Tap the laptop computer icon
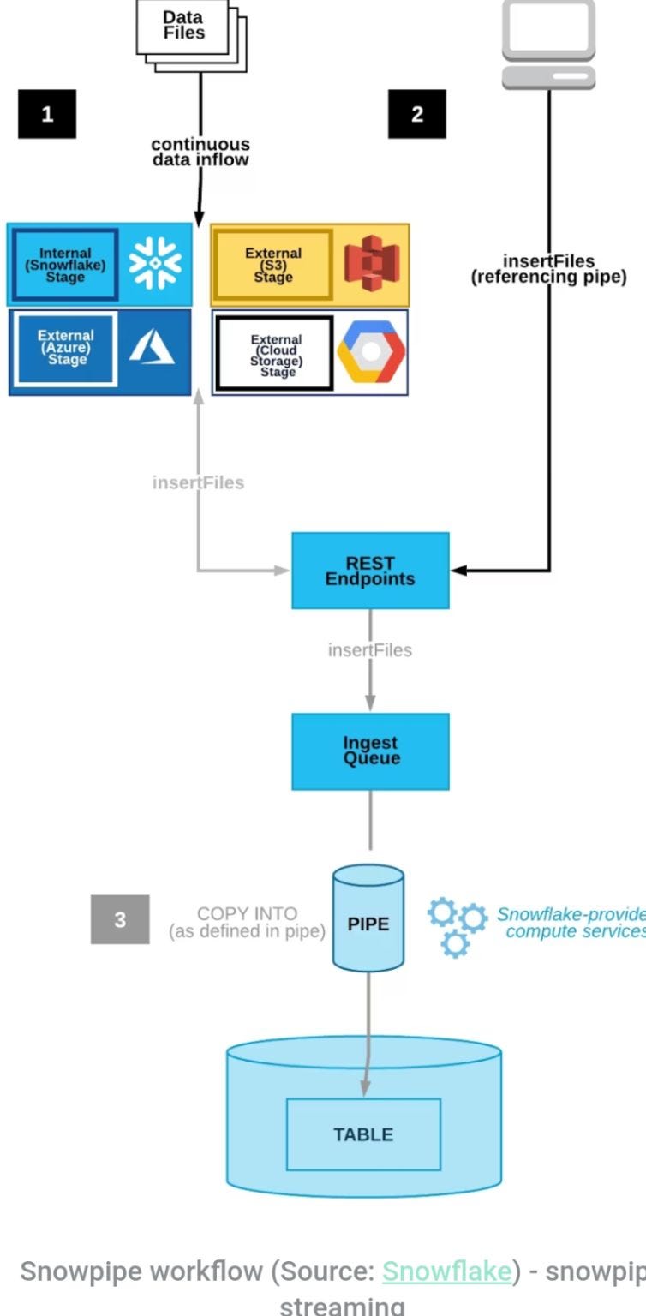click(548, 43)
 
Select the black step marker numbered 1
click(47, 114)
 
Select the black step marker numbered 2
click(416, 114)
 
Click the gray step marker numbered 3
click(120, 919)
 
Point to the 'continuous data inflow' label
click(200, 152)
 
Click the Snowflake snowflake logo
click(155, 264)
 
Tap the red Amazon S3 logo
click(371, 265)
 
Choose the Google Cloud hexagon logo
click(370, 353)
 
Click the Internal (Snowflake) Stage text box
click(65, 265)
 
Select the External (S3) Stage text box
click(272, 265)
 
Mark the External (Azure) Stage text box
click(66, 348)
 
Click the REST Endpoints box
click(370, 571)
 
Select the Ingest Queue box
click(370, 751)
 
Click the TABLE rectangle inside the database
click(363, 1134)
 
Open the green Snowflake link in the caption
click(446, 1271)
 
